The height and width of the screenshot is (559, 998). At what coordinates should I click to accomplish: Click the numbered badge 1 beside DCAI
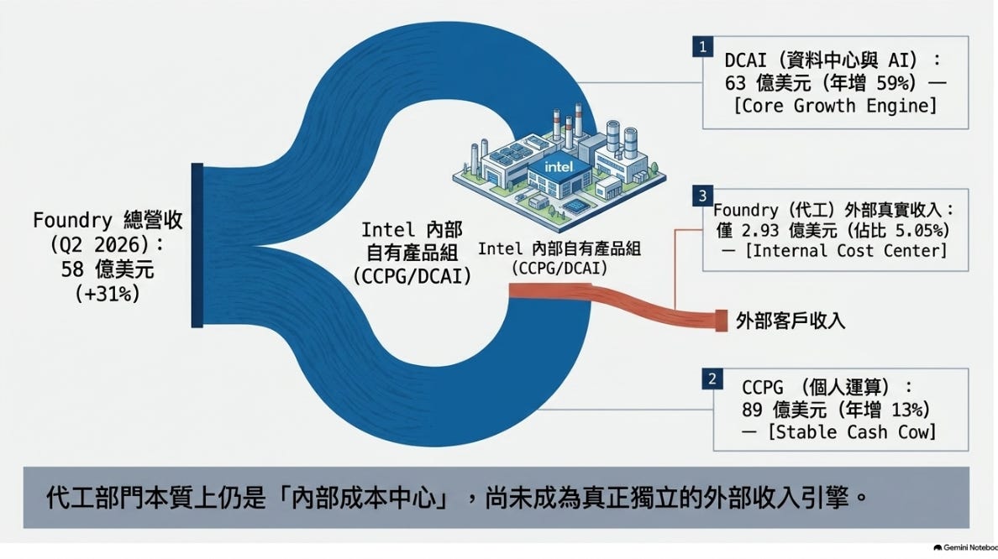point(702,46)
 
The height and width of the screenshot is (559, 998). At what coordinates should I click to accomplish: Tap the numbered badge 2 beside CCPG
point(712,379)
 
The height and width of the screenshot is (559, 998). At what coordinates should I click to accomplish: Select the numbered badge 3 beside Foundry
point(702,196)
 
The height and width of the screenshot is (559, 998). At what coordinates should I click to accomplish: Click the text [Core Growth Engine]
point(835,106)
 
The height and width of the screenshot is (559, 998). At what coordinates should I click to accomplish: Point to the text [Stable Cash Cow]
point(852,432)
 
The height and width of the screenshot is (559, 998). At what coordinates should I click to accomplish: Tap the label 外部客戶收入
point(790,321)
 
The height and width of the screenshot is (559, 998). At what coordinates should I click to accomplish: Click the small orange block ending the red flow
point(721,321)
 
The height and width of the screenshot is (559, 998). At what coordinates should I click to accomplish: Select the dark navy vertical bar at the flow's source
point(197,245)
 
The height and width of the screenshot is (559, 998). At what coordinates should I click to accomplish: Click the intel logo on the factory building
point(558,167)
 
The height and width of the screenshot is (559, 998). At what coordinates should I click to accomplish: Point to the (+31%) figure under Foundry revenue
point(107,294)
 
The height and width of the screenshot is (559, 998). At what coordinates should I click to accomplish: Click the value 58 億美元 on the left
point(108,269)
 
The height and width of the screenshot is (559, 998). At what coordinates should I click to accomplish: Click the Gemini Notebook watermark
point(965,547)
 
